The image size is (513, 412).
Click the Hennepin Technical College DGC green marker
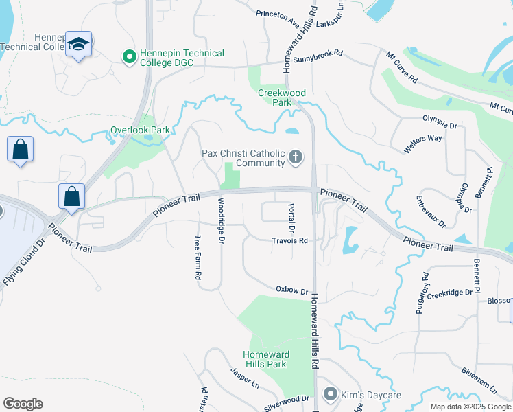(128, 58)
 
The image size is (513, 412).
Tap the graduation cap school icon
(78, 45)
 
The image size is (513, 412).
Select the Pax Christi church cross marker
(296, 158)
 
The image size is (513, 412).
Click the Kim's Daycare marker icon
(331, 394)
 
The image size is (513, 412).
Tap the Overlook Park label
(140, 130)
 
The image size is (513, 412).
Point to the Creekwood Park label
(282, 98)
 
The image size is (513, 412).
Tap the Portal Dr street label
(291, 217)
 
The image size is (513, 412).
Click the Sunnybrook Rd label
(318, 60)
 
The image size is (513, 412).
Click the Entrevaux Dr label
(431, 212)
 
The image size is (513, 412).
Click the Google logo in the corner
(23, 404)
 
